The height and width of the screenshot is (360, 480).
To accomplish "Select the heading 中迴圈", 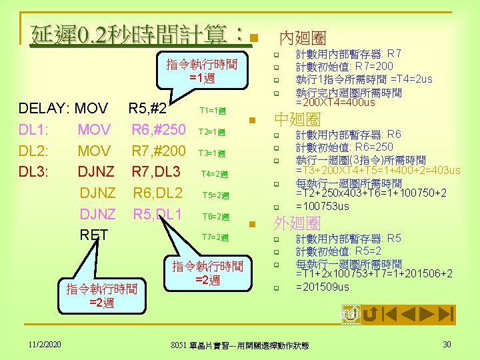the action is point(298,120).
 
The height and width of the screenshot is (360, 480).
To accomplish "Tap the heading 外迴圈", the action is point(298,223).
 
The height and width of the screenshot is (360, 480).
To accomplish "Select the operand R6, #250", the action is point(159,129).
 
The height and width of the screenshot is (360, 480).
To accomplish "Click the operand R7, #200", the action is point(159,151).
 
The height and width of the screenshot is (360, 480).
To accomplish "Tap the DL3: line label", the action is point(33,172).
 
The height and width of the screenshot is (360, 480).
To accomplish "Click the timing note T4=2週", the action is point(215,175).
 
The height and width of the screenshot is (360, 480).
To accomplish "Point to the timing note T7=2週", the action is point(215,238).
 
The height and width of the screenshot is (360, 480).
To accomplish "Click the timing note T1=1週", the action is point(213,111).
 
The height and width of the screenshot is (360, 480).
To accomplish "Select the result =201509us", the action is point(322,287).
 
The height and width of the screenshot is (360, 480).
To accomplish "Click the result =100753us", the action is point(322,206).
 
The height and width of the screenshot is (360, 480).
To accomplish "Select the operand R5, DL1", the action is point(158,214).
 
